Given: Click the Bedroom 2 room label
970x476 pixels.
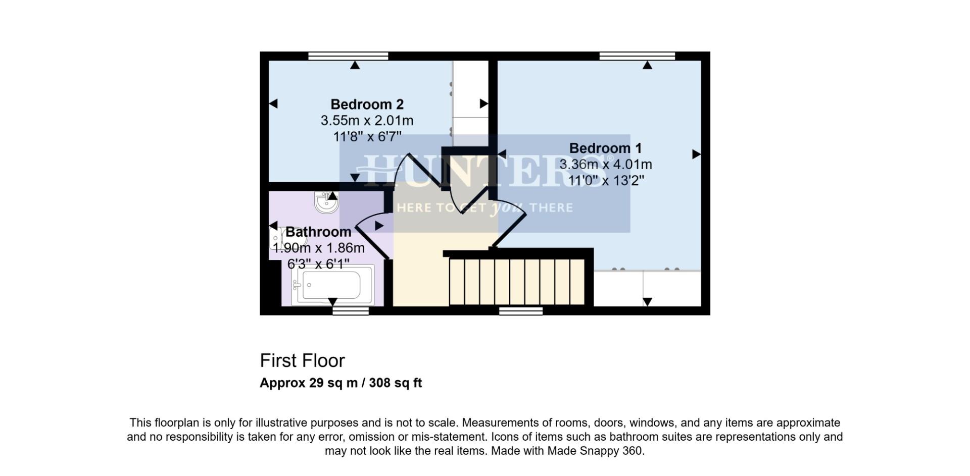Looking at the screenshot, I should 367,104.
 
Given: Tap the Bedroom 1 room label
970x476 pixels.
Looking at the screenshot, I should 605,148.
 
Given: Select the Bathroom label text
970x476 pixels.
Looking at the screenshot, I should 318,232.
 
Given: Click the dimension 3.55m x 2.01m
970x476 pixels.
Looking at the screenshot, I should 367,121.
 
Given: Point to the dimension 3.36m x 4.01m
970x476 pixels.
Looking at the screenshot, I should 605,165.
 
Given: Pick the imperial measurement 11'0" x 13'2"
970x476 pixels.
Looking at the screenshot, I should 605,181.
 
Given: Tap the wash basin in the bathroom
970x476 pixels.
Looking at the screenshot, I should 326,203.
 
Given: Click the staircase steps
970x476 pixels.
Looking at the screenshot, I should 516,282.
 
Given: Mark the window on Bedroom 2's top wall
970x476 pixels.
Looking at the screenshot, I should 348,56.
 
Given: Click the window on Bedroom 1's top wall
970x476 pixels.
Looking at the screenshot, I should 637,56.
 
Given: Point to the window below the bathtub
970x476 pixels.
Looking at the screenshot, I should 351,311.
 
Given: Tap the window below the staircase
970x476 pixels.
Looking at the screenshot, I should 521,311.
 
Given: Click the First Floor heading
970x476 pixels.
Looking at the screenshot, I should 302,361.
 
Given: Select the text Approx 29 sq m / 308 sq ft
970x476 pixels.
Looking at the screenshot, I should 341,383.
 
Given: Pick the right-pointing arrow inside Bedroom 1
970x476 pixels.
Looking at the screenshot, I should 696,154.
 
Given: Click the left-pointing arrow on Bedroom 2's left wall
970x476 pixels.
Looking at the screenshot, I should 273,103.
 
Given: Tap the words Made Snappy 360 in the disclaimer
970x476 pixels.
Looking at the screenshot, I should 594,451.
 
